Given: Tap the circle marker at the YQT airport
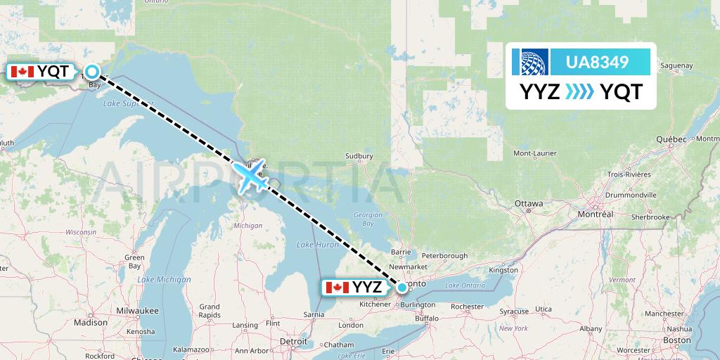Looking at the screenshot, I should click(x=92, y=71).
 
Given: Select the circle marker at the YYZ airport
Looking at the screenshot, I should click(x=401, y=287).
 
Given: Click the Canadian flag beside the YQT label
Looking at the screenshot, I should click(x=21, y=72).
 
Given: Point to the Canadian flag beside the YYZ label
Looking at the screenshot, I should click(x=337, y=288).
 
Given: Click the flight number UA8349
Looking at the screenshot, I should click(x=597, y=63).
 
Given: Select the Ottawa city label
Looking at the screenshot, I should click(x=529, y=204).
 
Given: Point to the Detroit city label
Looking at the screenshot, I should click(x=294, y=341).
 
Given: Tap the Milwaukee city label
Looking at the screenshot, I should click(x=139, y=310).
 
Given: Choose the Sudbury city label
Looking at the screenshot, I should click(x=359, y=156).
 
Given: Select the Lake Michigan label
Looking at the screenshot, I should click(x=165, y=280).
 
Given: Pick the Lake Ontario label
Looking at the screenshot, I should click(x=465, y=285).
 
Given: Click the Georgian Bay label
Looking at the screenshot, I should click(x=368, y=219).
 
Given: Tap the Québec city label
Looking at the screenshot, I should click(x=671, y=139).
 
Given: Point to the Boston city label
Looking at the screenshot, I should click(x=676, y=340).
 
